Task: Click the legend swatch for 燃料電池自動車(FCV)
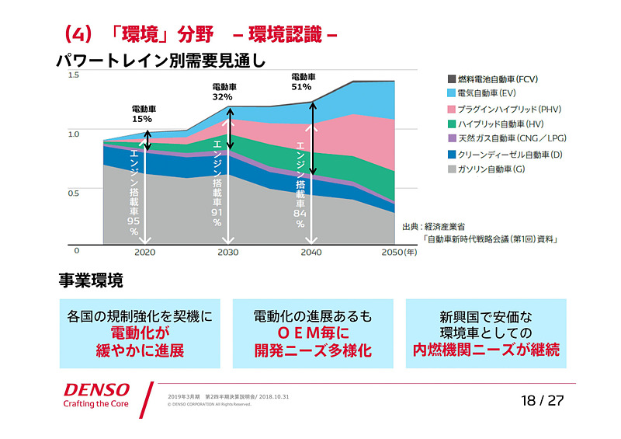[452, 79]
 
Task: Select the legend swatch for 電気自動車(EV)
[452, 93]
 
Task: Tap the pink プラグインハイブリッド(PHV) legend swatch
[452, 109]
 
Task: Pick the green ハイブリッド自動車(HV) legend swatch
[452, 124]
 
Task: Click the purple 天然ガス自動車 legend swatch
[452, 138]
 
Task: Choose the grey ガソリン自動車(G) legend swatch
[452, 169]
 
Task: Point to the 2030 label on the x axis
[227, 253]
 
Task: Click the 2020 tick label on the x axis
[145, 253]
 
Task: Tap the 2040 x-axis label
[310, 253]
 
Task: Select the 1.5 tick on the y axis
[74, 75]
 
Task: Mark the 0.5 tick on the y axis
[74, 193]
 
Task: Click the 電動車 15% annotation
[141, 113]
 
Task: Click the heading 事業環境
[91, 280]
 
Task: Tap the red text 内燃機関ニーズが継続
[486, 350]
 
